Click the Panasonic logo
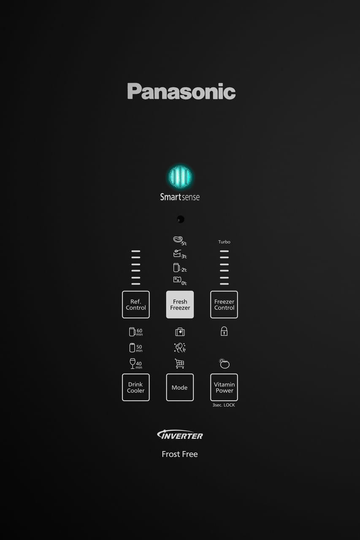[181, 91]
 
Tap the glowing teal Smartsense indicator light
[180, 177]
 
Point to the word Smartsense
[180, 197]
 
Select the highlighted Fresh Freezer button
[180, 305]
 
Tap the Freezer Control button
[224, 305]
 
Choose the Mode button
[180, 387]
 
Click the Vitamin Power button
[224, 387]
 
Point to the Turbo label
[224, 242]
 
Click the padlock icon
[224, 332]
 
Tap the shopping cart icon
[180, 363]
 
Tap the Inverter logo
[180, 435]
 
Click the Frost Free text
[180, 454]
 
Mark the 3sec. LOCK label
[224, 405]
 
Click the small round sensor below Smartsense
[180, 219]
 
